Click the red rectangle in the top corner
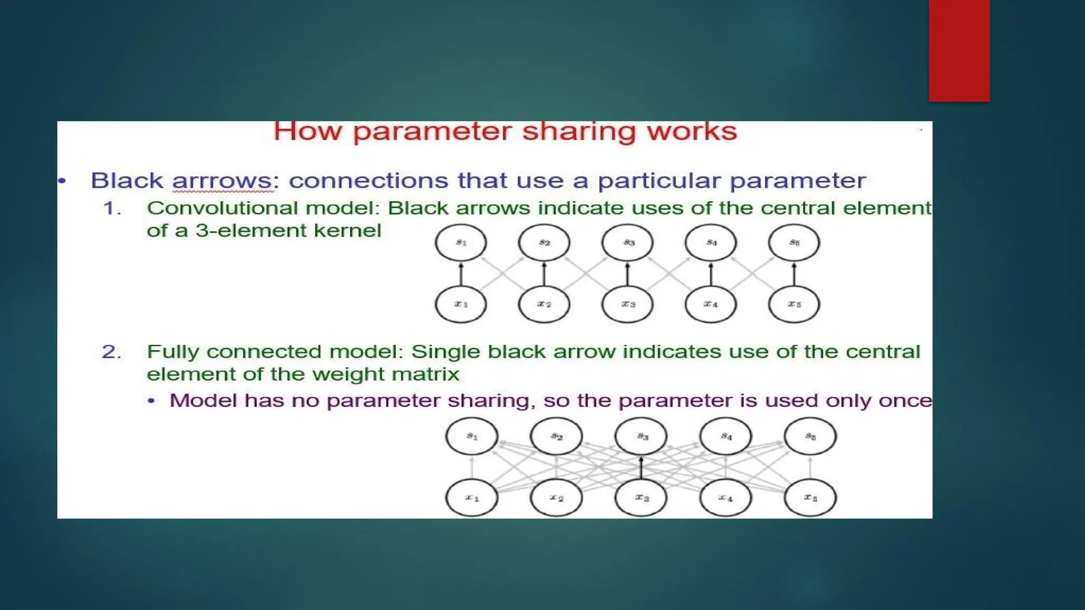click(x=959, y=50)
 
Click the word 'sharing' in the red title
click(x=579, y=131)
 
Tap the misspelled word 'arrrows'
click(x=222, y=181)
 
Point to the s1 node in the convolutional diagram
click(x=461, y=243)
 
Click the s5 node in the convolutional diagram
click(x=794, y=243)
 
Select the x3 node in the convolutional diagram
click(x=628, y=304)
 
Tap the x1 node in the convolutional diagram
click(x=461, y=304)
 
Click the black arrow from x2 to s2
click(x=544, y=274)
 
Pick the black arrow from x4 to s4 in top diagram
click(x=711, y=274)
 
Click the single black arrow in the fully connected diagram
click(x=641, y=468)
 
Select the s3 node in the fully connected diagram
click(x=641, y=436)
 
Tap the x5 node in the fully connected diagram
click(x=810, y=498)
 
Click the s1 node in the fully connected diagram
click(x=472, y=436)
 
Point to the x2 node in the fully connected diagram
click(x=556, y=498)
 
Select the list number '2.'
click(x=111, y=352)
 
